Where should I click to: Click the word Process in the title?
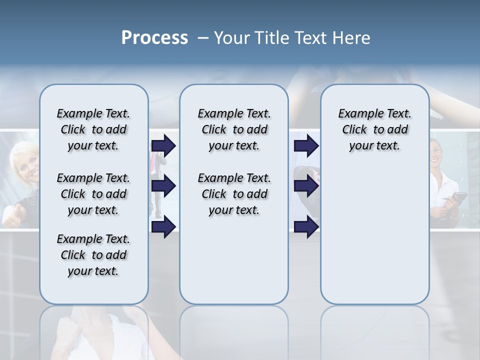point(154,38)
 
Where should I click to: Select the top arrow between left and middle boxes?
point(163,146)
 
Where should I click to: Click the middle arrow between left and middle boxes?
point(163,186)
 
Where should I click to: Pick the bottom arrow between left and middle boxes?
point(163,227)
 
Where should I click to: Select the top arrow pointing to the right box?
point(306,146)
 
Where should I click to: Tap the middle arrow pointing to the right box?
point(306,186)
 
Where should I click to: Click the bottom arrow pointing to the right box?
point(306,227)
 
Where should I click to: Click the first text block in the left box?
point(93,130)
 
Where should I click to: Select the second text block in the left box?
point(93,194)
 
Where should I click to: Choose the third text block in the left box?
point(93,255)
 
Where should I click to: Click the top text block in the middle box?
point(234,130)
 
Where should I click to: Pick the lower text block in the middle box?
point(234,194)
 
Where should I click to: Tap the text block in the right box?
point(374,130)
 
